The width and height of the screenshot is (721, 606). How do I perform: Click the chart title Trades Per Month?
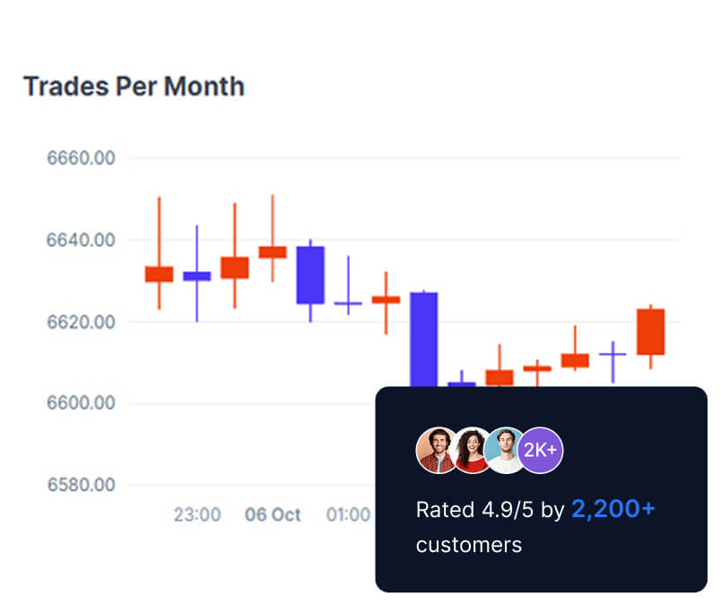[x=134, y=87]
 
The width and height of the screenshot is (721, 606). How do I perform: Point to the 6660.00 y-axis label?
[x=81, y=159]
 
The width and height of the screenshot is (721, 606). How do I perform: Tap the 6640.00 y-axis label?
[x=81, y=241]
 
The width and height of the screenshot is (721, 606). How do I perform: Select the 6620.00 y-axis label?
[x=81, y=321]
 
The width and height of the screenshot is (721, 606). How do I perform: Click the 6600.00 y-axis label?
[x=81, y=403]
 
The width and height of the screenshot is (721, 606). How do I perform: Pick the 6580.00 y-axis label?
[x=81, y=485]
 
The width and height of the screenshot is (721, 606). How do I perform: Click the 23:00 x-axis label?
[x=196, y=515]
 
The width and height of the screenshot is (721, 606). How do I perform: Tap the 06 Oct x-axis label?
[x=273, y=515]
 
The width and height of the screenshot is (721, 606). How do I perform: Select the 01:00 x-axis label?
[x=348, y=515]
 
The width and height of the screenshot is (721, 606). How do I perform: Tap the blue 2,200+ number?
[x=613, y=509]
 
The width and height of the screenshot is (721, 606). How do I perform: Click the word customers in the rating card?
[x=468, y=544]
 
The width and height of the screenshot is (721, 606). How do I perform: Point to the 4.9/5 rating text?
[x=507, y=510]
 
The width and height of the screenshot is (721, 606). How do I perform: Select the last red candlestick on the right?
[x=650, y=331]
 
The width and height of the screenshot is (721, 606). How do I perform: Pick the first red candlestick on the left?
[x=159, y=274]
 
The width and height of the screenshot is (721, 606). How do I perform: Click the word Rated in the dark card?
[x=445, y=510]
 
